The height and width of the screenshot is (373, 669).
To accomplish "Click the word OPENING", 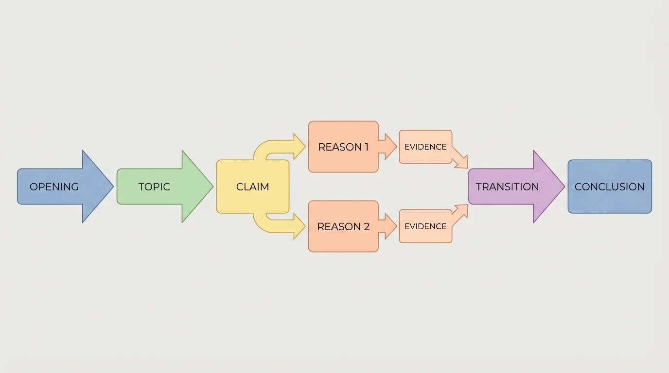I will pos(54,186).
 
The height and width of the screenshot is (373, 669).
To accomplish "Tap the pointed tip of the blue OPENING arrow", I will pos(112,186).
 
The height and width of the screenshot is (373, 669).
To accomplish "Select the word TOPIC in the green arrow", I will pos(154,186).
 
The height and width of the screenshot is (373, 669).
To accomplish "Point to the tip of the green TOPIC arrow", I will pos(212,186).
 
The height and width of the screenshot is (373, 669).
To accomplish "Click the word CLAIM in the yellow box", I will pos(252,186).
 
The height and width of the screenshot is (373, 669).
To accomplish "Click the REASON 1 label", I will pos(343,147).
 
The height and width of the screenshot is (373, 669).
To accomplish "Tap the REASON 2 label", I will pos(343,226).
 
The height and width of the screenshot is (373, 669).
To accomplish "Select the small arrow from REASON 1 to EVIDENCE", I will pos(388,146).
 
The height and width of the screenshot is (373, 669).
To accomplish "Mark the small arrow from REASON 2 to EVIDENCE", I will pos(388,226).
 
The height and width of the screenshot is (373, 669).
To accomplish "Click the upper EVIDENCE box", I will pos(425,147).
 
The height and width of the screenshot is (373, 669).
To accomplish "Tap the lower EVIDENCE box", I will pos(425,226).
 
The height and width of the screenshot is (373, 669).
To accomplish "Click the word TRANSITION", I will pos(507,186).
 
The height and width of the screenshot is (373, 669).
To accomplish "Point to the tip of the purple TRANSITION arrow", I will pos(563,186).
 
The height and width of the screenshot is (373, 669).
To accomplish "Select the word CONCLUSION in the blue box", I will pos(609,186).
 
